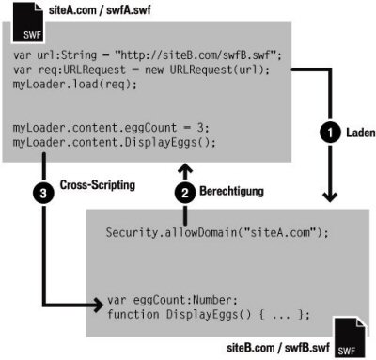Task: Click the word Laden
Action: pos(358,133)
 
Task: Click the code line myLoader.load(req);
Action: pos(62,83)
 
